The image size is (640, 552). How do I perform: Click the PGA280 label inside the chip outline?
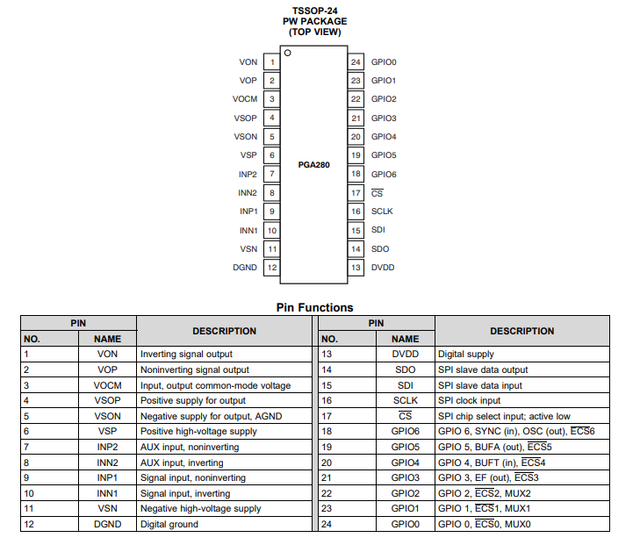314,164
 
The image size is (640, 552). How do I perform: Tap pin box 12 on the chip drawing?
272,268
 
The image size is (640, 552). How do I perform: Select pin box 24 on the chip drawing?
356,62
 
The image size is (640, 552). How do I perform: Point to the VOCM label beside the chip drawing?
245,99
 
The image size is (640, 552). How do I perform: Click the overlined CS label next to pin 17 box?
378,193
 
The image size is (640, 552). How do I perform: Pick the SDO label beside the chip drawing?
380,249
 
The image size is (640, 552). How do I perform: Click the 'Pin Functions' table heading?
314,307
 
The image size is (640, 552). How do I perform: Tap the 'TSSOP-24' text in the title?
314,10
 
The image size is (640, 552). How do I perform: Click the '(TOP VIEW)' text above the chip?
314,32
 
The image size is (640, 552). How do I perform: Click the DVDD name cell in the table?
405,354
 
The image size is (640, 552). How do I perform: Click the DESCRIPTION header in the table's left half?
224,331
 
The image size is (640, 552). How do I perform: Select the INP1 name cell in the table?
107,478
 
